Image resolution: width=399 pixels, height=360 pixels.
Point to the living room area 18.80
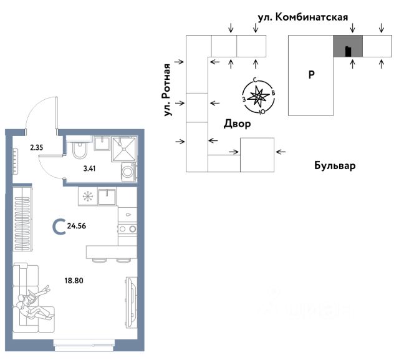pos(74,280)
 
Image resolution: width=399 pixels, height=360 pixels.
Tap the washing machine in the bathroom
pos(128,171)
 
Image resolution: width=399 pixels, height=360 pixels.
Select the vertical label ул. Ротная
pos(166,90)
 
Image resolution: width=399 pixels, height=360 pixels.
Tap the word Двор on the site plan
pos(237,124)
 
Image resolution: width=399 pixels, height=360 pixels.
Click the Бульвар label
pos(334,167)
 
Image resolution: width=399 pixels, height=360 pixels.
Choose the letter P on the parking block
pos(311,75)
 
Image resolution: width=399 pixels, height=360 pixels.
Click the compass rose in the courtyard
pos(257,97)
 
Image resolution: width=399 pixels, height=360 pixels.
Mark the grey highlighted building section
pos(347,47)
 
